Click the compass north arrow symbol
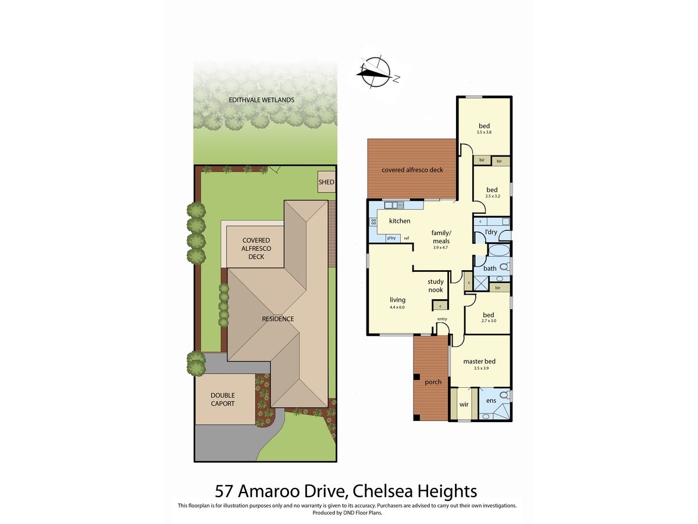pyautogui.click(x=376, y=73)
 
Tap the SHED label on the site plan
pyautogui.click(x=326, y=182)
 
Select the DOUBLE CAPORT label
pyautogui.click(x=223, y=399)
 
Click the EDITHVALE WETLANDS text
pyautogui.click(x=261, y=100)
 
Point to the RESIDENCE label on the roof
pyautogui.click(x=277, y=319)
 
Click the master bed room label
pyautogui.click(x=479, y=361)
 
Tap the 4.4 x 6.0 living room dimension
pyautogui.click(x=397, y=307)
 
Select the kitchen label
pyautogui.click(x=400, y=221)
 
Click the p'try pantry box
pyautogui.click(x=391, y=238)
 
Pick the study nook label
pyautogui.click(x=435, y=286)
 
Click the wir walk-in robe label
pyautogui.click(x=464, y=405)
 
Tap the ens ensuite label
pyautogui.click(x=491, y=401)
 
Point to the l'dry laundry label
pyautogui.click(x=491, y=232)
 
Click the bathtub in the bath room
pyautogui.click(x=498, y=250)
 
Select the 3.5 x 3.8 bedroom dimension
pyautogui.click(x=484, y=132)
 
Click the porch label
pyautogui.click(x=433, y=382)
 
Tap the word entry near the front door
pyautogui.click(x=442, y=319)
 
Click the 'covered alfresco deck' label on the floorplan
pyautogui.click(x=412, y=170)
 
